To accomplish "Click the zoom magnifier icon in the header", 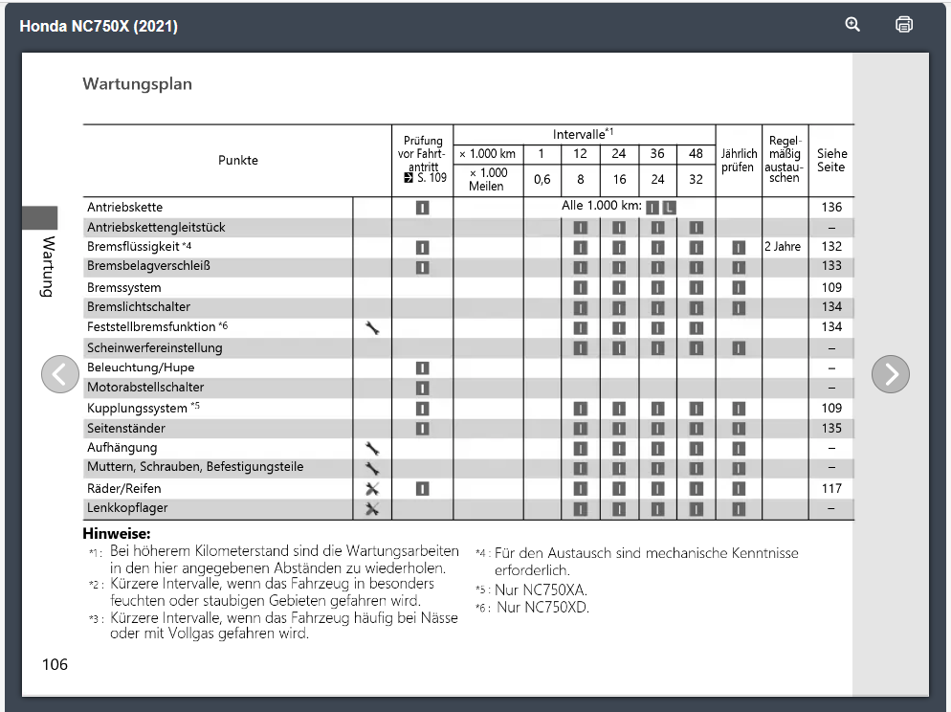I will [x=852, y=25].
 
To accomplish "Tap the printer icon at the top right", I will [x=904, y=25].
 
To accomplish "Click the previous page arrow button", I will [x=59, y=374].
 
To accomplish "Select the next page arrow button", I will [x=890, y=374].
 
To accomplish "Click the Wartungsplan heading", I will [x=137, y=84].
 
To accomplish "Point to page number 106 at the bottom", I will [x=55, y=664].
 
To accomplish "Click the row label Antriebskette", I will [x=124, y=208].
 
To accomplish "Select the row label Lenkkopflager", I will [x=127, y=508].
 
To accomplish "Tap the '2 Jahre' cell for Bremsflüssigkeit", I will [x=783, y=247].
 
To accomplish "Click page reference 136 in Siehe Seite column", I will [x=831, y=208].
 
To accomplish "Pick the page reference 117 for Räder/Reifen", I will [x=831, y=489].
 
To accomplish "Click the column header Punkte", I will [x=237, y=161].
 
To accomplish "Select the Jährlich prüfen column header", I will [x=739, y=161].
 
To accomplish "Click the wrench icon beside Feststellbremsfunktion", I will [x=372, y=327].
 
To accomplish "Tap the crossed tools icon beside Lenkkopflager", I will [x=372, y=508].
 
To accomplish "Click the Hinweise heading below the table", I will [x=117, y=534].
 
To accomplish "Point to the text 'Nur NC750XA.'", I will [x=541, y=590].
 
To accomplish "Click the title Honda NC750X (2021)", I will [x=99, y=26].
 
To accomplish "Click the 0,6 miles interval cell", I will [x=542, y=180].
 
